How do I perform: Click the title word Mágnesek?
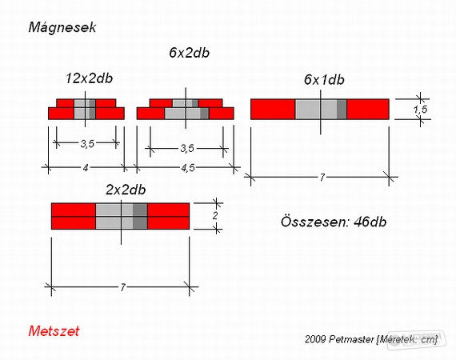click(x=62, y=28)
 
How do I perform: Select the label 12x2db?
click(x=89, y=78)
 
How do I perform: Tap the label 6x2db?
click(x=189, y=53)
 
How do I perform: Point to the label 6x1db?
click(x=324, y=80)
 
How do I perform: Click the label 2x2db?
click(x=126, y=190)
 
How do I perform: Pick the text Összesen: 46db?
click(x=334, y=222)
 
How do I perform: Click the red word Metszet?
click(x=54, y=331)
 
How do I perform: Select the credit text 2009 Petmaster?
click(x=339, y=339)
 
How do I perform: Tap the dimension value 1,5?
click(x=421, y=110)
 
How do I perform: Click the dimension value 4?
click(x=86, y=168)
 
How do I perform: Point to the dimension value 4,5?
click(x=188, y=168)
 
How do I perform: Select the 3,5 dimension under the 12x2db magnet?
click(x=87, y=144)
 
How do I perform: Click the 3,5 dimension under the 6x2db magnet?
click(x=187, y=148)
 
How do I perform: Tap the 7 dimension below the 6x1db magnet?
click(x=322, y=177)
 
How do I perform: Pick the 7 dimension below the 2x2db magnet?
click(x=122, y=287)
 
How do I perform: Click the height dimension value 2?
click(x=215, y=216)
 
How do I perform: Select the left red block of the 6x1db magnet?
click(x=273, y=110)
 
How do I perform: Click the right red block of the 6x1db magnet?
click(x=368, y=110)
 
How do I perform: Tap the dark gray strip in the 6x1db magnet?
click(x=342, y=110)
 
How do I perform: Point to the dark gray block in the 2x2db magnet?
click(x=140, y=216)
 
